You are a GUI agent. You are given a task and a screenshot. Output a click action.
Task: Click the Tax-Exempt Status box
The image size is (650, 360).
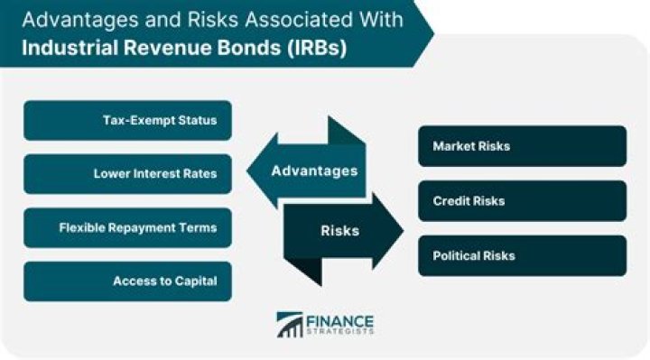(127, 121)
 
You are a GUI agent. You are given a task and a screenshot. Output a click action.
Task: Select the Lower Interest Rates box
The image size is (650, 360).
(127, 174)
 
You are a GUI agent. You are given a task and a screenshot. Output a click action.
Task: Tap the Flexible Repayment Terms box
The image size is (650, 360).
(127, 227)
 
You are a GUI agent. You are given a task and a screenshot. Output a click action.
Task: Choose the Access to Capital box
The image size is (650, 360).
(127, 281)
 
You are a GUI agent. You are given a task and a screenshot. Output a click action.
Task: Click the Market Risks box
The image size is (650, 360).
(522, 146)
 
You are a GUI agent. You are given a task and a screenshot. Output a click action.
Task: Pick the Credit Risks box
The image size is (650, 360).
(522, 200)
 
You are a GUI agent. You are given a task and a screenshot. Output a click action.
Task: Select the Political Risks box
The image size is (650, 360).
(522, 255)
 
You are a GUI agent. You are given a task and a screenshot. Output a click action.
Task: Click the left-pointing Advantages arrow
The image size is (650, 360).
(307, 171)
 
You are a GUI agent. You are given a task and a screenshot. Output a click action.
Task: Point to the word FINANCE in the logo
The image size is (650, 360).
(341, 319)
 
